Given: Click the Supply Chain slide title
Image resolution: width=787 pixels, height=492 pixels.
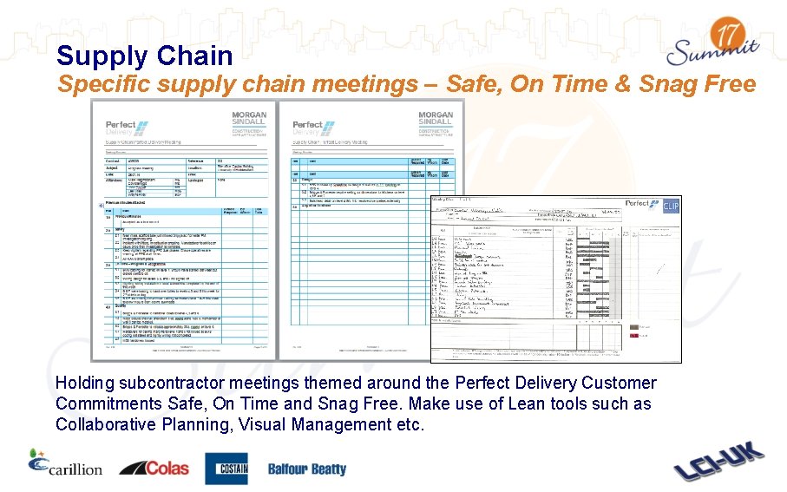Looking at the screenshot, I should [x=144, y=56].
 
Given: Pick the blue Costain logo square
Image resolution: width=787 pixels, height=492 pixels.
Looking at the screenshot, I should [x=226, y=469].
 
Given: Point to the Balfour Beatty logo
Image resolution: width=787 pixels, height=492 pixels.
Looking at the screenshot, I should [x=306, y=469].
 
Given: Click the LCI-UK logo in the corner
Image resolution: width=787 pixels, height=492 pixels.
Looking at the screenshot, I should [x=719, y=463].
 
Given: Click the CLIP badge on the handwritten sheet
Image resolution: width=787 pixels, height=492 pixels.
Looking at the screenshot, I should [x=671, y=206].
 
